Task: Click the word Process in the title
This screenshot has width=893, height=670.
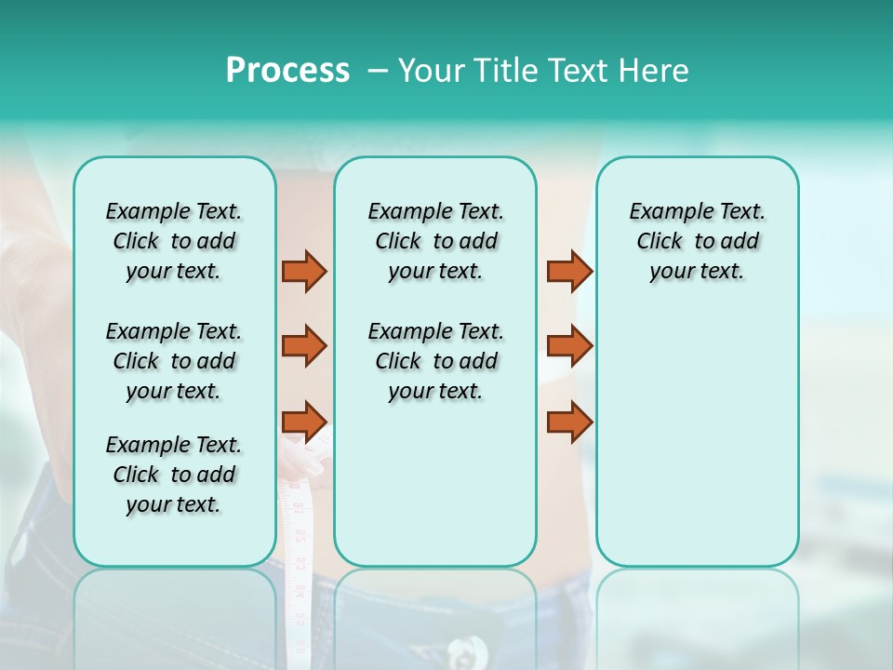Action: click(287, 71)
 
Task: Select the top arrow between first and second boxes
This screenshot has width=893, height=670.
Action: click(304, 271)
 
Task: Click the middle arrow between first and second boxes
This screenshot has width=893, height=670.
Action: click(304, 346)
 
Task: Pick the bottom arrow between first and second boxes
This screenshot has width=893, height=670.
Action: click(304, 422)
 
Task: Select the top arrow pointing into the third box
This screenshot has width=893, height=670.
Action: click(569, 271)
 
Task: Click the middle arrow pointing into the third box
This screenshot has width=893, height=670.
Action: click(569, 346)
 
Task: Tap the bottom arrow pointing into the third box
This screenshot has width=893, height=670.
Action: click(569, 422)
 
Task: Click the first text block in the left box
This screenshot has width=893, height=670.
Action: click(174, 241)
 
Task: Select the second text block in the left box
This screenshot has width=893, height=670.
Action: click(174, 361)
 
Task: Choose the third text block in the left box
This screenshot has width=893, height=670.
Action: click(174, 475)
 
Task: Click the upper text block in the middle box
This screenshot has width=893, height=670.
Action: click(435, 241)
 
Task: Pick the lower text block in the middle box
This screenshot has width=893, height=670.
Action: click(435, 361)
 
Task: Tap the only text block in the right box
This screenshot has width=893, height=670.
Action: click(697, 241)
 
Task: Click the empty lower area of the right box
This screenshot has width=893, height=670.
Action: click(697, 447)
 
